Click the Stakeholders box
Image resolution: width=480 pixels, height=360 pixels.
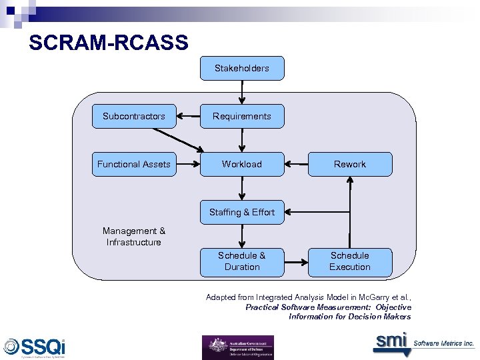[x=242, y=68]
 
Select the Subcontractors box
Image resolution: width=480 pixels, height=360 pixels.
[x=134, y=116]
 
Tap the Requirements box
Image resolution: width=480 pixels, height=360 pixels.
[x=242, y=116]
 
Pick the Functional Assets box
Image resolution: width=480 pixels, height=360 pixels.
[x=134, y=164]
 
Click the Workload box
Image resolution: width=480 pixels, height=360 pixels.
[x=242, y=164]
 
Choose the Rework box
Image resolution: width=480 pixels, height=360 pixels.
[x=350, y=164]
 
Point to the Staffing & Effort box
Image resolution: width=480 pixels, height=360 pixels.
[x=242, y=212]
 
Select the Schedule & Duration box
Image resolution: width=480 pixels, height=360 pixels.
[x=242, y=261]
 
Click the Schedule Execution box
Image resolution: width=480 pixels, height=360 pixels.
[x=350, y=261]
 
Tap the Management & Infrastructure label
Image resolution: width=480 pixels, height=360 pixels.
[x=134, y=237]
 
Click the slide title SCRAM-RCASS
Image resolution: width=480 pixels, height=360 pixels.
[x=109, y=44]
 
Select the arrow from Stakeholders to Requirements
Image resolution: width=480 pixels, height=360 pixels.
[x=242, y=92]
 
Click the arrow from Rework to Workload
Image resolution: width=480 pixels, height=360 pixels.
[x=296, y=164]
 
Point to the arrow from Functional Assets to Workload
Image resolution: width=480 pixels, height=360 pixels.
[x=188, y=164]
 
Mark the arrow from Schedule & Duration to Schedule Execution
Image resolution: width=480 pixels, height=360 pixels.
[x=296, y=261]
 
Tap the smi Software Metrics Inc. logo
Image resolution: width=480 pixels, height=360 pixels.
[x=423, y=342]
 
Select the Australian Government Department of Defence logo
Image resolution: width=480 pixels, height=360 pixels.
[x=237, y=347]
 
